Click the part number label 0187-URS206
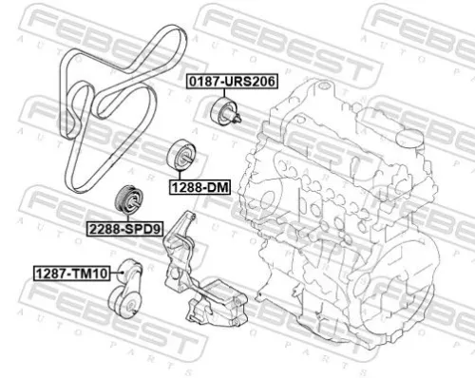click(x=230, y=83)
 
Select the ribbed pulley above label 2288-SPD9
click(x=125, y=201)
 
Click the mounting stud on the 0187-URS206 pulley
click(x=237, y=118)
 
